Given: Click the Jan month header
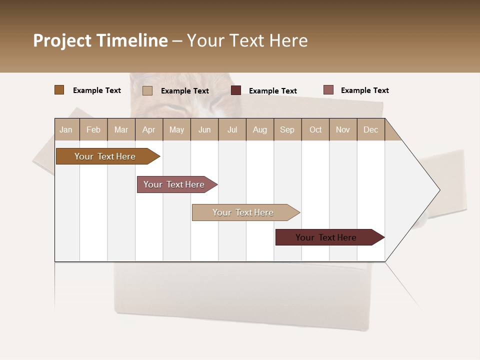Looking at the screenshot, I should pyautogui.click(x=66, y=129).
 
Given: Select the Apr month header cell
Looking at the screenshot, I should pyautogui.click(x=149, y=129).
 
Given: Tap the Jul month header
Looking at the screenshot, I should pyautogui.click(x=232, y=129).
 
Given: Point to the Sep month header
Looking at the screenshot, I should pyautogui.click(x=287, y=129).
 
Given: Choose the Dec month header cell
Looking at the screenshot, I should pyautogui.click(x=371, y=129).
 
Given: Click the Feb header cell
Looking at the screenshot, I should pyautogui.click(x=93, y=129).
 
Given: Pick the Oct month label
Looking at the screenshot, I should pyautogui.click(x=315, y=129).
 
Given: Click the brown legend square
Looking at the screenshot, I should pyautogui.click(x=59, y=90).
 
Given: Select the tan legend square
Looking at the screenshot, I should pyautogui.click(x=147, y=90).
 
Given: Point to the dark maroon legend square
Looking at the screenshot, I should pyautogui.click(x=236, y=90).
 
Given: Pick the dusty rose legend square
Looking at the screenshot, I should pyautogui.click(x=328, y=90).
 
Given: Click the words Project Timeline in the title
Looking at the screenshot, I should pyautogui.click(x=100, y=40).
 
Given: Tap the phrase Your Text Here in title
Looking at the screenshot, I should pyautogui.click(x=247, y=40).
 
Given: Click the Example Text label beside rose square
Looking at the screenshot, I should pyautogui.click(x=364, y=90).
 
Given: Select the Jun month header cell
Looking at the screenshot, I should pyautogui.click(x=204, y=129).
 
